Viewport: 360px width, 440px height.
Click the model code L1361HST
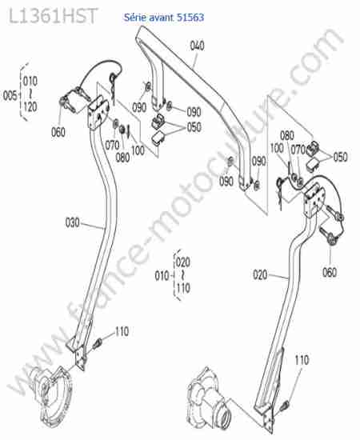coord(54,16)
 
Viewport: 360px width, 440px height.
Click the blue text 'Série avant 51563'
coord(164,18)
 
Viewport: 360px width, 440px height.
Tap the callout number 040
coord(197,46)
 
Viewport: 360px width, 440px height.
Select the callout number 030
coord(72,223)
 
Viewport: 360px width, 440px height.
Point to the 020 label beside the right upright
coord(260,274)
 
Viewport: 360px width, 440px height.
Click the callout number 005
coord(10,96)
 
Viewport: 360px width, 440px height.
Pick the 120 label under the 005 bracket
coord(30,106)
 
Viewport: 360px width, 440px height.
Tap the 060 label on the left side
coord(58,132)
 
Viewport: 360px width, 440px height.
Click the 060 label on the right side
coord(330,272)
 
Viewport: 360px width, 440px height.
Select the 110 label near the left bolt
coord(122,331)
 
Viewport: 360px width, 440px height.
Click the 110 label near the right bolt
coord(302,360)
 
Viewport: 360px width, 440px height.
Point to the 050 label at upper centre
coord(194,127)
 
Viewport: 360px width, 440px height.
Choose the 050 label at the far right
coord(340,157)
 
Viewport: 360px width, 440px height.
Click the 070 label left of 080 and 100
coord(112,146)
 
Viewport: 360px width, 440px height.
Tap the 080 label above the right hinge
coord(286,136)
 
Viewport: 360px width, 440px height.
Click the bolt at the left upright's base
coord(98,343)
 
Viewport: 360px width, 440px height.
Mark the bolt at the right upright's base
coord(284,405)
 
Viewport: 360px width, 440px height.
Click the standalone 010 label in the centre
coord(162,276)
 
